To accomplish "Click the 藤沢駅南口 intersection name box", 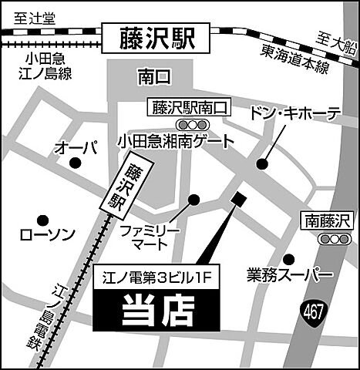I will (187, 107).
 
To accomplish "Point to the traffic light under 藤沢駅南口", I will (187, 124).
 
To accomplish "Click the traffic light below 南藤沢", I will (333, 240).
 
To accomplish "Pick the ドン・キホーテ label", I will (294, 114).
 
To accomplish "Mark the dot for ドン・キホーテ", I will (262, 163).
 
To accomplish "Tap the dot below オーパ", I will (75, 163).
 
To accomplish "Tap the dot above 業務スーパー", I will (288, 259).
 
